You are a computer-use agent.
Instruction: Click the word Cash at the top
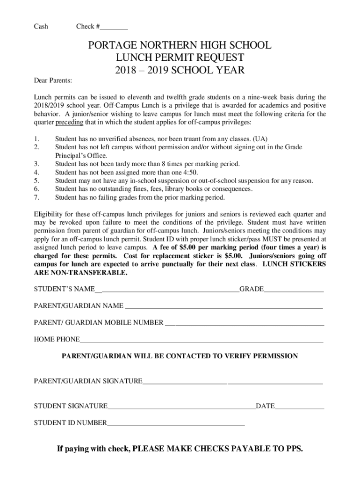click(x=41, y=27)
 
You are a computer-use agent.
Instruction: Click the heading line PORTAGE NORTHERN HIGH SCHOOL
click(x=180, y=45)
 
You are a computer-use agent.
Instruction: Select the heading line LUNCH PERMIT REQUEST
click(x=180, y=58)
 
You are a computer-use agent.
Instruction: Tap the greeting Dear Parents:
click(x=53, y=81)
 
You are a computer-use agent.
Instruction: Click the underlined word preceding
click(x=69, y=123)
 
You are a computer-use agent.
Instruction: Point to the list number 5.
click(x=36, y=181)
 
